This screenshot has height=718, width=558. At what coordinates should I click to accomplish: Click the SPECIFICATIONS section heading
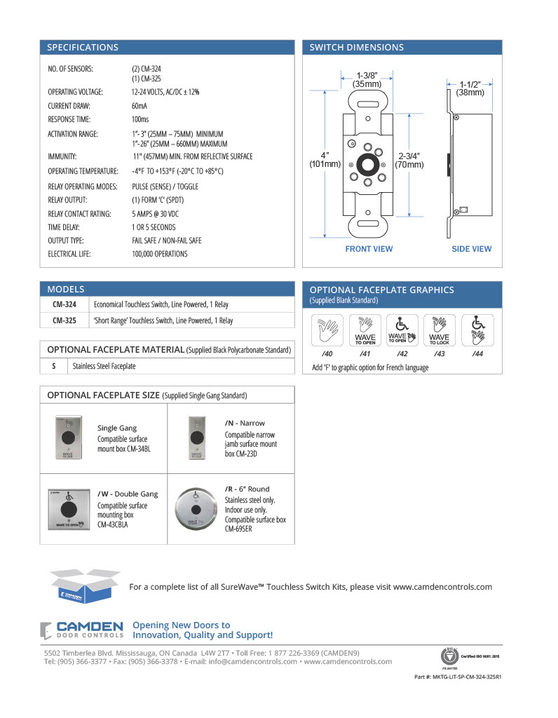(x=83, y=48)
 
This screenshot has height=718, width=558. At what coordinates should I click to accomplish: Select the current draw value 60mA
(x=139, y=106)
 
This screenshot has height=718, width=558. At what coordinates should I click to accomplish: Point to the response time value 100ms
(x=141, y=120)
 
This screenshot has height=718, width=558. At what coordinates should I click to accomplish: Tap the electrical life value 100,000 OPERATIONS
(x=160, y=254)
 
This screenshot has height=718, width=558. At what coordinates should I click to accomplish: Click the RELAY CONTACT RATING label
(x=79, y=214)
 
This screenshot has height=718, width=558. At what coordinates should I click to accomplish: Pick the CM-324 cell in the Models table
(x=64, y=304)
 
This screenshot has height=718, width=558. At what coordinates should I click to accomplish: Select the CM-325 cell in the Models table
(x=64, y=320)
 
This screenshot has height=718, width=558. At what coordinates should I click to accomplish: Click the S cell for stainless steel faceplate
(x=54, y=366)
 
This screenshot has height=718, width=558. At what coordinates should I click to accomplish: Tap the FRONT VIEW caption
(x=369, y=249)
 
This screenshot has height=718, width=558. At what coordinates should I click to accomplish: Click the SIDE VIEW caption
(x=471, y=249)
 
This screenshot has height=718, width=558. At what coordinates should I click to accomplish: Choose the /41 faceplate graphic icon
(x=365, y=330)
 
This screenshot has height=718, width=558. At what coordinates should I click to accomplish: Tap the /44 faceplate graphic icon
(x=477, y=330)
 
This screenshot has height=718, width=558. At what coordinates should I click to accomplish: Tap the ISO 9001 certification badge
(x=448, y=656)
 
